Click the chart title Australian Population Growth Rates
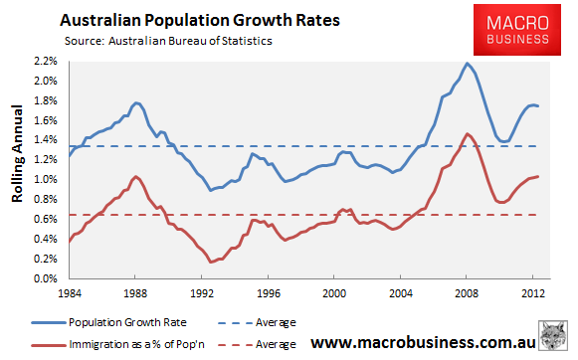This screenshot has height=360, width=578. [x=200, y=20]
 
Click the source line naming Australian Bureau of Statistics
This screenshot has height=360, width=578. [x=168, y=41]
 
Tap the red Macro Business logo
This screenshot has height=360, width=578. [x=517, y=30]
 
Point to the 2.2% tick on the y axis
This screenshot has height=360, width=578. [x=46, y=61]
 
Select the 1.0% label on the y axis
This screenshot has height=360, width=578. [x=46, y=179]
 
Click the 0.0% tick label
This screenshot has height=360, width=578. [x=46, y=278]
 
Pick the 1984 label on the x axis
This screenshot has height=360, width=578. [x=70, y=293]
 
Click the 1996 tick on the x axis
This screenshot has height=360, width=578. [x=269, y=293]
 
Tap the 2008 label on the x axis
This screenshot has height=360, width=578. [x=467, y=293]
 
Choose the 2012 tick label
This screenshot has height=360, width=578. [x=532, y=293]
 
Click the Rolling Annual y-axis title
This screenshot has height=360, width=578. [x=17, y=154]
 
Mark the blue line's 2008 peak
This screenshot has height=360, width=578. [x=467, y=64]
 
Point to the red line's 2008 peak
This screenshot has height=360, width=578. [x=467, y=134]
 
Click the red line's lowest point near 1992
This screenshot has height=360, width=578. [x=211, y=262]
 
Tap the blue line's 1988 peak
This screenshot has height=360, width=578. [x=135, y=102]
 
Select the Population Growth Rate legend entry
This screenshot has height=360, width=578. [x=109, y=323]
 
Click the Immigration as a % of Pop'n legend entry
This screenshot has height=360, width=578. [x=118, y=344]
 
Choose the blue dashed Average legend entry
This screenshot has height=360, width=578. [x=257, y=323]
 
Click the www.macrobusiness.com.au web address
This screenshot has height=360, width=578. [x=423, y=343]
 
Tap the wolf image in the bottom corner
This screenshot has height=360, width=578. [x=552, y=335]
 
